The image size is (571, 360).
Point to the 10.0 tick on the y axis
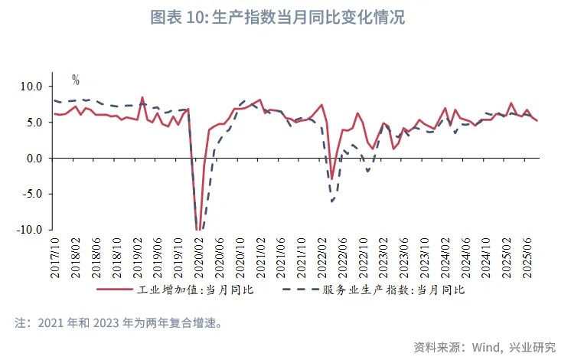click(31, 87)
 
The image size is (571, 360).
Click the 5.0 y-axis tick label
click(34, 123)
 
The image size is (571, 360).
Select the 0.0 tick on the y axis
click(34, 159)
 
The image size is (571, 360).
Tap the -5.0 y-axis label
click(32, 194)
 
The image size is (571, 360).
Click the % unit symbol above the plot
click(76, 79)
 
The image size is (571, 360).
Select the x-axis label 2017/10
click(56, 257)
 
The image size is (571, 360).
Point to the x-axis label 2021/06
click(280, 257)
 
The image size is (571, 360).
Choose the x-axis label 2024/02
click(445, 257)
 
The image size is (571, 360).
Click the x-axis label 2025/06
click(527, 257)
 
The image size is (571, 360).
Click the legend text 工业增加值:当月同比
click(197, 290)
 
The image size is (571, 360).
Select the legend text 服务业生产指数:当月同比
click(393, 290)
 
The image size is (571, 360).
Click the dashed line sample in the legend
click(299, 290)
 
